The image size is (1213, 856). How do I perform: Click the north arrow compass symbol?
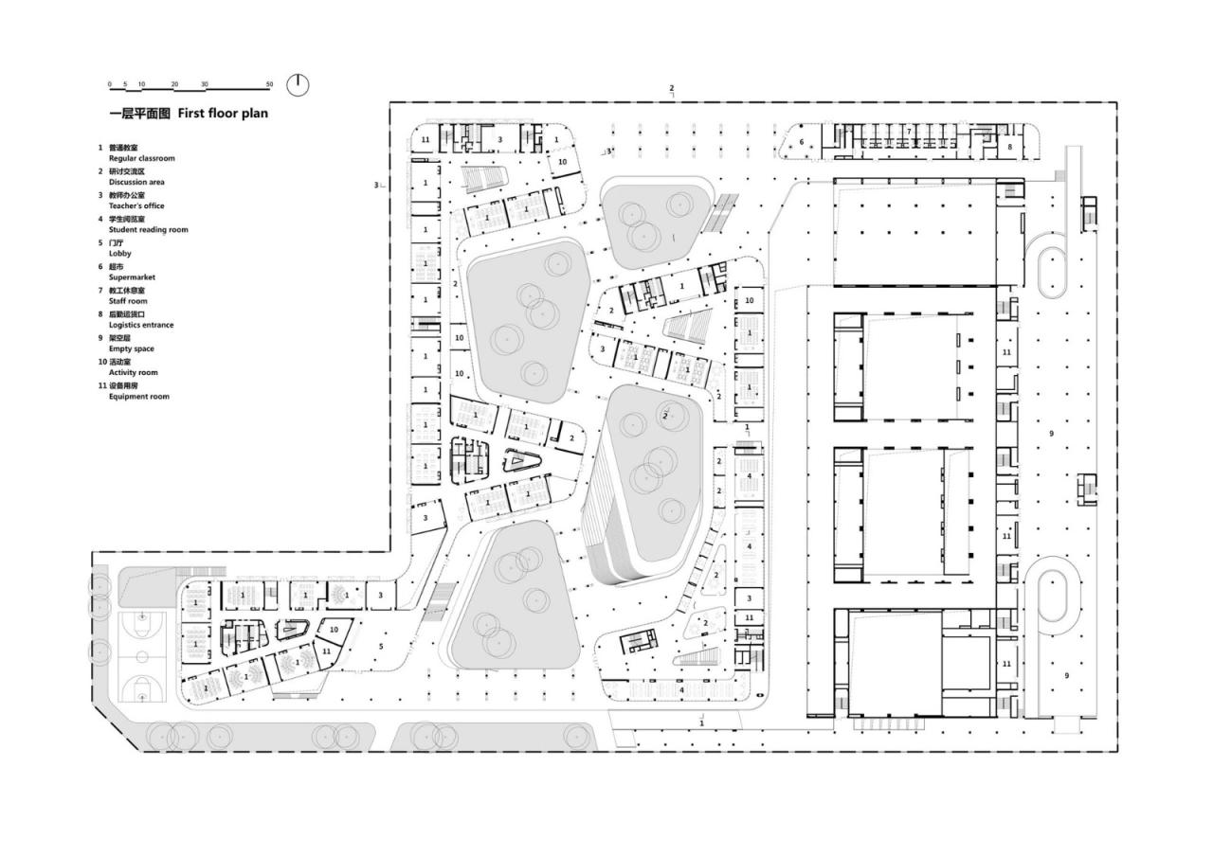[x=298, y=84]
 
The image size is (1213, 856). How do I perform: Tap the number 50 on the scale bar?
[x=270, y=84]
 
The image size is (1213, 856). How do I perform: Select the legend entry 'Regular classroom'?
[x=141, y=158]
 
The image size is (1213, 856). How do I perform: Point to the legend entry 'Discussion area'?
[x=136, y=182]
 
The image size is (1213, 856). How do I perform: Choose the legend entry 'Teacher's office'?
[x=136, y=205]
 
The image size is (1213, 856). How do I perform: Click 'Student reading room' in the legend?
[x=148, y=229]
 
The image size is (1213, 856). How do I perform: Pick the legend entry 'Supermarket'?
[x=132, y=277]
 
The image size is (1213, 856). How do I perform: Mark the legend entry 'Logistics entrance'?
[x=141, y=325]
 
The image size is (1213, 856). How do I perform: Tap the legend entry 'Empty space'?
[x=131, y=348]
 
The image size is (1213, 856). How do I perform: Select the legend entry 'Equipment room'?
[x=138, y=397]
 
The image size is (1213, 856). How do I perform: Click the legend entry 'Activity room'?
[x=133, y=373]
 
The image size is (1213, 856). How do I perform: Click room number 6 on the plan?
[x=801, y=142]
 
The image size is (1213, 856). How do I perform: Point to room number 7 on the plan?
[x=908, y=132]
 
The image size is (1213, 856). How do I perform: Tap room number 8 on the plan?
[x=1010, y=147]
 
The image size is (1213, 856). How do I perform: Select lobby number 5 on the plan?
[x=382, y=647]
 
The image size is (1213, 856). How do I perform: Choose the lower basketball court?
[x=141, y=685]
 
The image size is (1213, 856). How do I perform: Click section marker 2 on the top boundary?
[x=672, y=89]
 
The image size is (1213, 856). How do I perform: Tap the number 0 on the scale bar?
[x=109, y=84]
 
